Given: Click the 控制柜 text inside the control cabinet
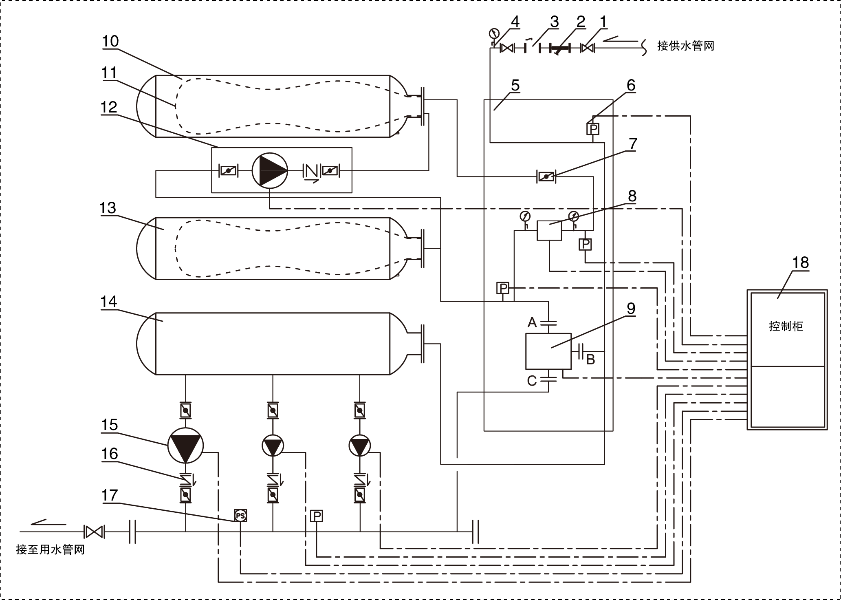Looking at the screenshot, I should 786,326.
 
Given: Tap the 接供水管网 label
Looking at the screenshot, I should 686,46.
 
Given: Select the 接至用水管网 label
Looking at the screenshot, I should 50,550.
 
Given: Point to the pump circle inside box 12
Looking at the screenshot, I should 269,170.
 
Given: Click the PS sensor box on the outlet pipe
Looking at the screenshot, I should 240,516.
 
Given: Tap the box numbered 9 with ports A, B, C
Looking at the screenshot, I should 548,351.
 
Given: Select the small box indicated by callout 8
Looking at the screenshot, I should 549,230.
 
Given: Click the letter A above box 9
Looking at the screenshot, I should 532,323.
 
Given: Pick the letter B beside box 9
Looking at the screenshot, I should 590,359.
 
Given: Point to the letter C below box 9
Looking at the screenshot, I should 532,381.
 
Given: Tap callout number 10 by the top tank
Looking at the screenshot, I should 110,41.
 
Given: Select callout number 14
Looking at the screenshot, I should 108,302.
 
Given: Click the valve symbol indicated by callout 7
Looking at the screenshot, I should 546,176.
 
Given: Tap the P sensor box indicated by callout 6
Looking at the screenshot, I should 594,129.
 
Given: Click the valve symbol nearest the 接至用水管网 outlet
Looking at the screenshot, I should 94,532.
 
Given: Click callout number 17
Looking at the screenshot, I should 109,496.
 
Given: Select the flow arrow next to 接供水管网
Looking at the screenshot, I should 619,39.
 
